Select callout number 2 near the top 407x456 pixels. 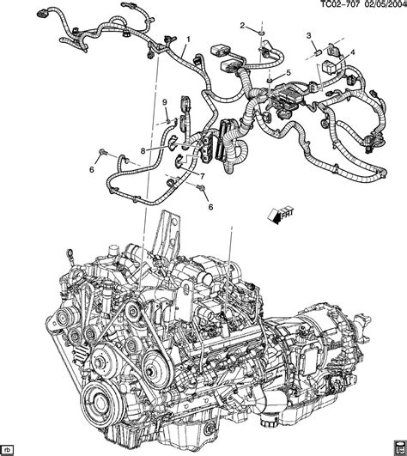pos(242,25)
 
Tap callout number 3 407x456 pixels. pos(308,34)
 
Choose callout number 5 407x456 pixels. pos(288,72)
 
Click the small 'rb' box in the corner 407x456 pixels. pos(9,447)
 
